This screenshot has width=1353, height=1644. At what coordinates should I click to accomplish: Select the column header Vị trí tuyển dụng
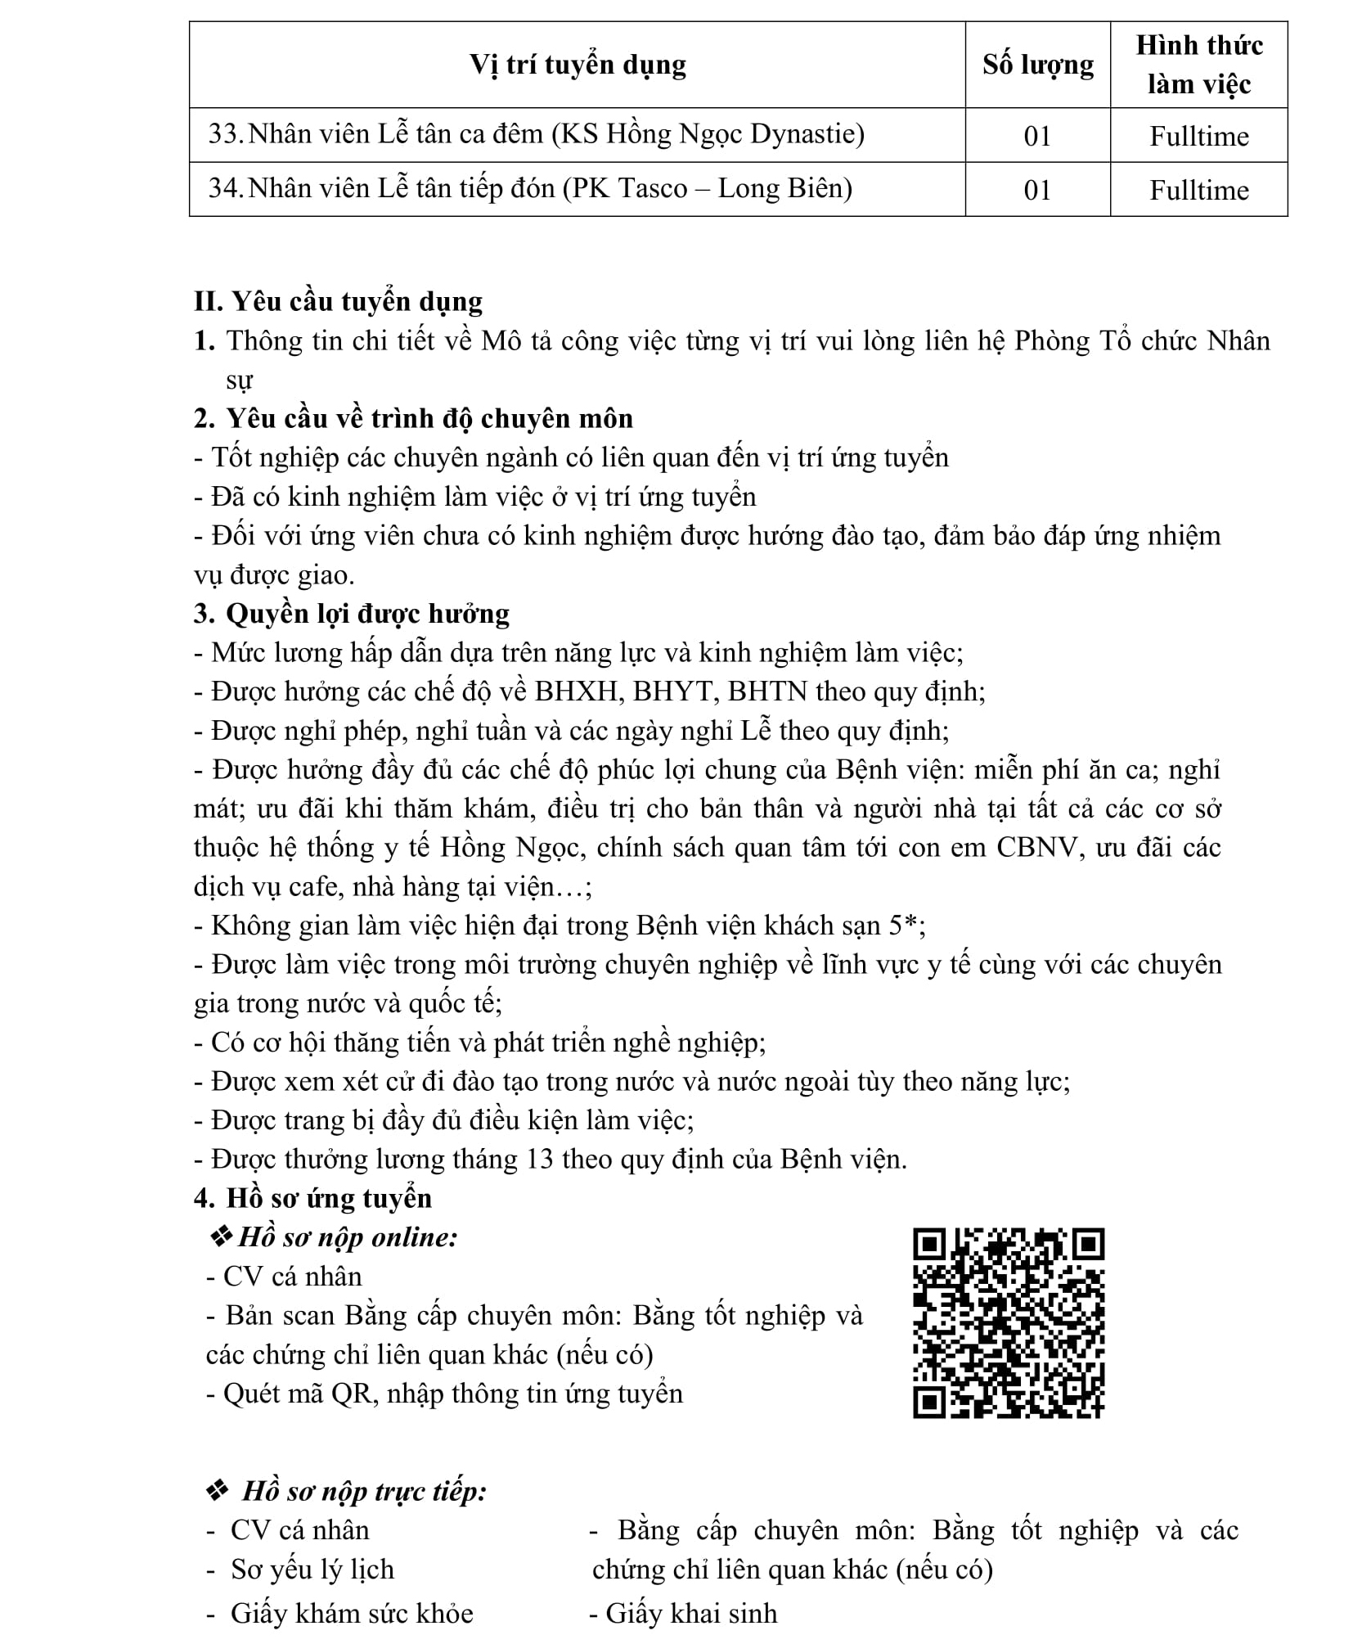point(578,65)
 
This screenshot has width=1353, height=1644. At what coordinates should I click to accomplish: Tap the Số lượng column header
point(1037,65)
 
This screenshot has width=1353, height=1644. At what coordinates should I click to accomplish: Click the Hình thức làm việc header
point(1198,65)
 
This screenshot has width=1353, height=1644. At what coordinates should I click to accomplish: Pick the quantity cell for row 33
point(1037,136)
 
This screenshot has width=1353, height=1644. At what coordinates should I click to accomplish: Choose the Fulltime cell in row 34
point(1198,190)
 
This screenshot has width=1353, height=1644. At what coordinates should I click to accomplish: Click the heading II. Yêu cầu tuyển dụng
point(338,301)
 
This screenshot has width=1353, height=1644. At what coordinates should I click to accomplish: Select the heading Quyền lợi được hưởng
point(367,613)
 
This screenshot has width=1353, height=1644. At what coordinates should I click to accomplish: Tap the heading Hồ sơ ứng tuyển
point(329,1198)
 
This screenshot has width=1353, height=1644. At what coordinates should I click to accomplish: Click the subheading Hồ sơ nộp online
point(347,1237)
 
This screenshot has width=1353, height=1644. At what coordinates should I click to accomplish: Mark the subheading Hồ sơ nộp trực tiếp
point(364,1491)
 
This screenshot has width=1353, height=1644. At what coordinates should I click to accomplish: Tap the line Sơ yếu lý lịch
point(312,1569)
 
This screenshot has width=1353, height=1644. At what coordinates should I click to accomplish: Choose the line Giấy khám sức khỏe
point(352,1613)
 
